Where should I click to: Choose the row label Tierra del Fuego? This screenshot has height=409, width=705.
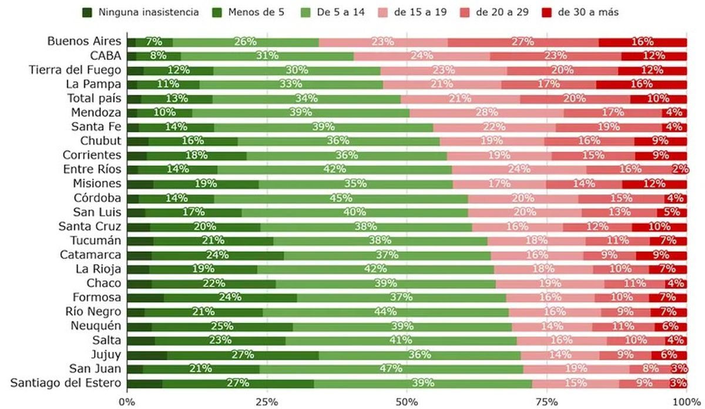click(75, 70)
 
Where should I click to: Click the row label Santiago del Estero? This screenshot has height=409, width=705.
click(66, 383)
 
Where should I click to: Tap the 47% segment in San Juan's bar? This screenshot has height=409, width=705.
click(391, 369)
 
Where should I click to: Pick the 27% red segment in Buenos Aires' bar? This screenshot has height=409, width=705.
click(522, 42)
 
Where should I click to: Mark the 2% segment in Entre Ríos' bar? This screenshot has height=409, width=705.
click(680, 170)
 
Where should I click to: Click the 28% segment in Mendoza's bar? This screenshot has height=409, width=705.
click(486, 113)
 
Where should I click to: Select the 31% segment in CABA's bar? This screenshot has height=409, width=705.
click(267, 56)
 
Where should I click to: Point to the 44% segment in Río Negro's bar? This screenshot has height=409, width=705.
click(385, 312)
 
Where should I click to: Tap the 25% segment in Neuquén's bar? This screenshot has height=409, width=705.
click(222, 326)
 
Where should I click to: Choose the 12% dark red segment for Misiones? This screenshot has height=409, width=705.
click(654, 184)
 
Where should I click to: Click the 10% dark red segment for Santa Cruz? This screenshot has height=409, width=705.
click(659, 227)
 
